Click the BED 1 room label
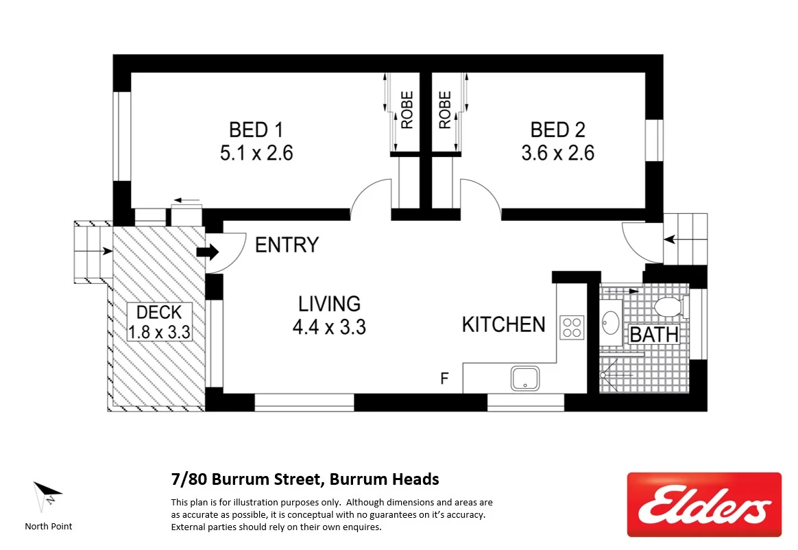point(256,130)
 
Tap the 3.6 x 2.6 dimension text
point(557,153)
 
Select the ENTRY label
point(287,245)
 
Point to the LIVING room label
point(329,304)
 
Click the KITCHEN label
point(504,324)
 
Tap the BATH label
point(654,335)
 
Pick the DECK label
point(159,313)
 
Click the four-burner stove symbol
point(572,327)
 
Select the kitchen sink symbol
point(524,378)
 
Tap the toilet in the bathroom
point(669,308)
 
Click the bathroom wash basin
point(610,322)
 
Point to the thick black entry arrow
point(207,252)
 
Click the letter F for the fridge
point(444,378)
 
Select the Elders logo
point(704,504)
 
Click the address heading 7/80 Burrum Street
point(304,479)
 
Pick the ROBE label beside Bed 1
point(407,110)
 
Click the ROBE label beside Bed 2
point(445,110)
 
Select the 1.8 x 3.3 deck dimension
point(159,333)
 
